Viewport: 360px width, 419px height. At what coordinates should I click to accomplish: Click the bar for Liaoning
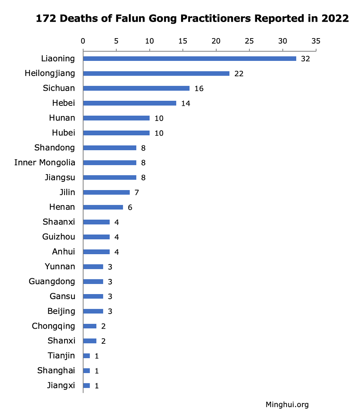coord(189,59)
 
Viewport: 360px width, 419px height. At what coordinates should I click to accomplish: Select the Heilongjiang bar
coord(156,73)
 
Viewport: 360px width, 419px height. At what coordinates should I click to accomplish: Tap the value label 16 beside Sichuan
coord(199,89)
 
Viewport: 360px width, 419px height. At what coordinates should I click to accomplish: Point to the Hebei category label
coord(63,103)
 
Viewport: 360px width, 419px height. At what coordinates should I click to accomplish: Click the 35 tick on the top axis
coord(316,41)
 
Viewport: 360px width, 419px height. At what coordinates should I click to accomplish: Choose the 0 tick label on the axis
coord(83,41)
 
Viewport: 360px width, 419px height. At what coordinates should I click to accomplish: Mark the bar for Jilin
coord(106,192)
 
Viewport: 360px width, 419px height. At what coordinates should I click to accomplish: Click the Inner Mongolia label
coord(45,162)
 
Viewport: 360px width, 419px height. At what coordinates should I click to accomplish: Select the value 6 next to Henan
coord(130,207)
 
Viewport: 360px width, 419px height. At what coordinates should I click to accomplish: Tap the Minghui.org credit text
coord(287,405)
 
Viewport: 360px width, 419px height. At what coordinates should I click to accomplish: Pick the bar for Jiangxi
coord(86,386)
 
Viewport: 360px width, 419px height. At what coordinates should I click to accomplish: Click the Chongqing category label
coord(53,326)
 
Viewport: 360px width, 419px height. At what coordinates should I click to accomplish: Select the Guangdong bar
coord(93,281)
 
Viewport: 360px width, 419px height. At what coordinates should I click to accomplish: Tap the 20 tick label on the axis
coord(216,41)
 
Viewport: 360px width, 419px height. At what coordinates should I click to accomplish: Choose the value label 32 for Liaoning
coord(305,59)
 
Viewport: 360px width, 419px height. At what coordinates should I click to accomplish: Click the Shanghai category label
coord(56,370)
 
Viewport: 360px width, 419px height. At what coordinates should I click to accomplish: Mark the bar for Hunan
coord(116,118)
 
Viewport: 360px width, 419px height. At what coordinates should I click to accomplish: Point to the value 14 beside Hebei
coord(185,104)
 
